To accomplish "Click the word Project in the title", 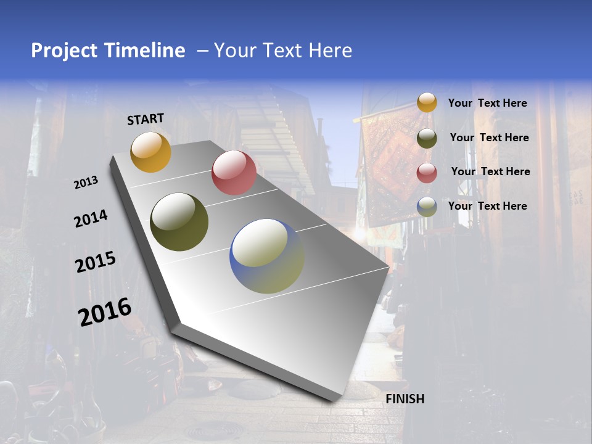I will pos(63,51).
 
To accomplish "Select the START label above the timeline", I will pos(146,119).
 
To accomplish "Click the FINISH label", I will pos(405,399).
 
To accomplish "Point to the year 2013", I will pos(86,183).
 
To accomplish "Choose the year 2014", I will pos(91,218).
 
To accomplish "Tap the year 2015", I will pos(96,262).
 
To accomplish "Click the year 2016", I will pos(105,312).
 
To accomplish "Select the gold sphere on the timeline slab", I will pos(150,152).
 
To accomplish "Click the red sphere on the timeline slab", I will pos(234,173).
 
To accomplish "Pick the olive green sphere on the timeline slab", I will pos(179,222).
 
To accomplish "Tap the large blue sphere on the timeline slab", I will pos(267,256).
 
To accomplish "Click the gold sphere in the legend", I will pos(427,103).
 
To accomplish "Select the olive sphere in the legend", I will pos(427,138).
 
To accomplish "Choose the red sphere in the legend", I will pos(427,173).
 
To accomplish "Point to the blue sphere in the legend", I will pos(427,207).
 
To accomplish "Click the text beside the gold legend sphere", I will pos(487,103).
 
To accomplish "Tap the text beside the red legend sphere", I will pos(490,171).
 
